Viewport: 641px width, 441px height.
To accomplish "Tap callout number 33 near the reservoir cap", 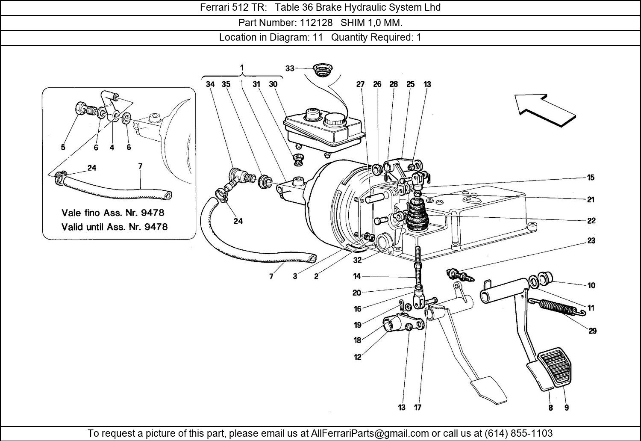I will coord(290,68).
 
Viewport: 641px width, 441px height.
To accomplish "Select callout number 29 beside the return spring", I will coord(592,331).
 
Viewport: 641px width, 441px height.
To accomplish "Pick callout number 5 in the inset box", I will coord(63,148).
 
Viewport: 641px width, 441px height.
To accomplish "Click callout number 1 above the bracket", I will coord(242,68).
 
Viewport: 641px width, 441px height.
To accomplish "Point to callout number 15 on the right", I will coord(591,178).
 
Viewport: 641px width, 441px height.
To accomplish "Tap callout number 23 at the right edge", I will coord(591,241).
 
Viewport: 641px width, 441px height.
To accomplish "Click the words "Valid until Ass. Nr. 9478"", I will coord(115,227).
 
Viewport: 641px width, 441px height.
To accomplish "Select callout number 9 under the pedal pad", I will coord(566,408).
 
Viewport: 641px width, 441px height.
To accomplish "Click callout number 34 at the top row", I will coord(210,84).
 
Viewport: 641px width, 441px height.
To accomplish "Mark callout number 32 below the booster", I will coord(357,260).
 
